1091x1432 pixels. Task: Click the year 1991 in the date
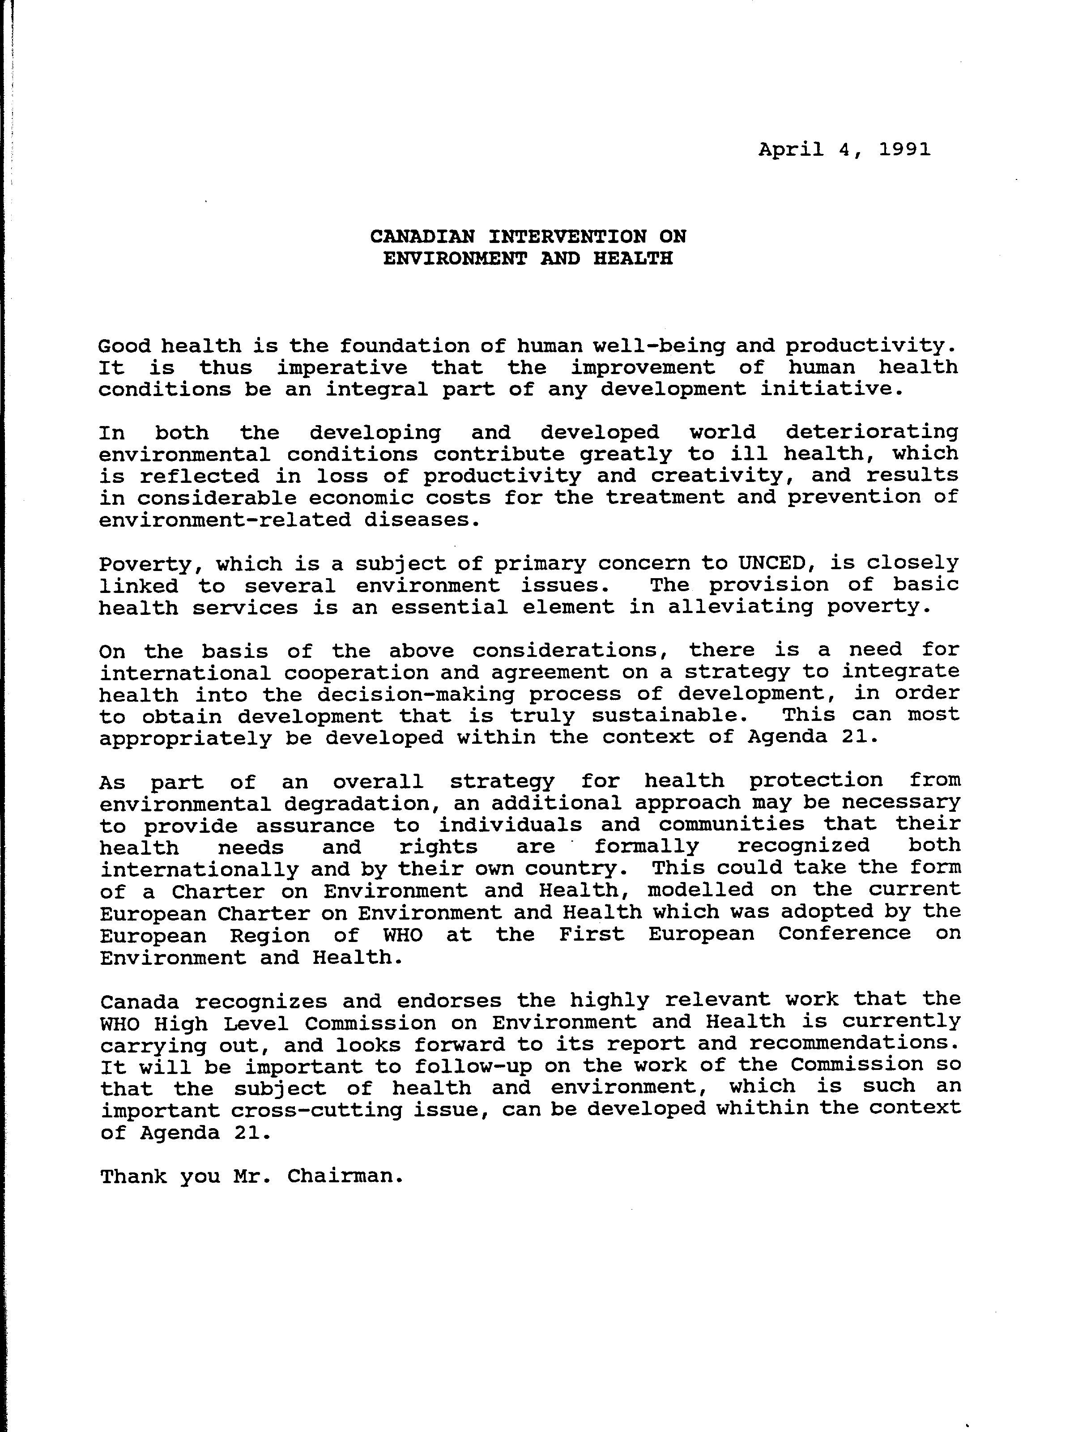905,149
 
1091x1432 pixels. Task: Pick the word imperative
342,367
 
